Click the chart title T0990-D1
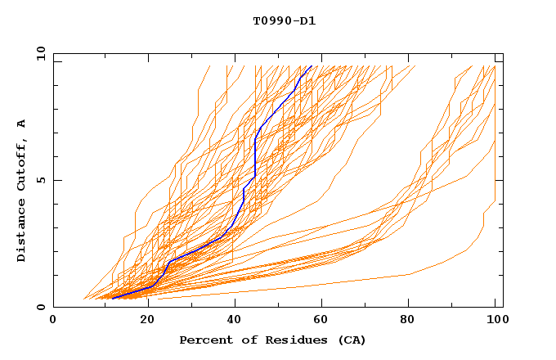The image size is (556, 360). point(284,20)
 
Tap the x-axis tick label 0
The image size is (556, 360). point(53,321)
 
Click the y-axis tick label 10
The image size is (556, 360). point(39,53)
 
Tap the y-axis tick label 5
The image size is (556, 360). point(39,180)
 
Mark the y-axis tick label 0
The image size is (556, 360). point(39,307)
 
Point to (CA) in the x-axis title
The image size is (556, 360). point(350,340)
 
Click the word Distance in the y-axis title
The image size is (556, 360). point(22,232)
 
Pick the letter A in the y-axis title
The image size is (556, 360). point(22,123)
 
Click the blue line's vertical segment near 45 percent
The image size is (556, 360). point(256,155)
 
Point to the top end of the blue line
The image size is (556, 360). point(311,66)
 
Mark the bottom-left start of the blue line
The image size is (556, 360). point(112,299)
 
